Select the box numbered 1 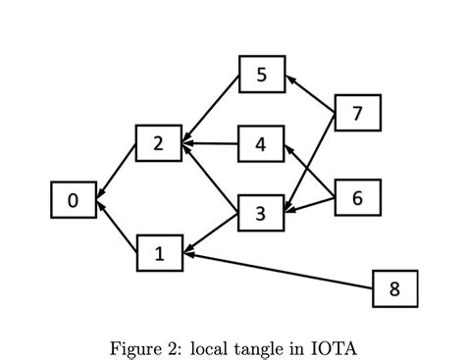[x=160, y=253]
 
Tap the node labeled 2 [x=159, y=144]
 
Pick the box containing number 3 [x=261, y=214]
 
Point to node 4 [x=261, y=144]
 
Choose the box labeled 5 [x=262, y=75]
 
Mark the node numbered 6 [x=357, y=197]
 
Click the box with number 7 [x=357, y=113]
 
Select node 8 [x=395, y=288]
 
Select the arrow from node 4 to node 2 [x=210, y=144]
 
